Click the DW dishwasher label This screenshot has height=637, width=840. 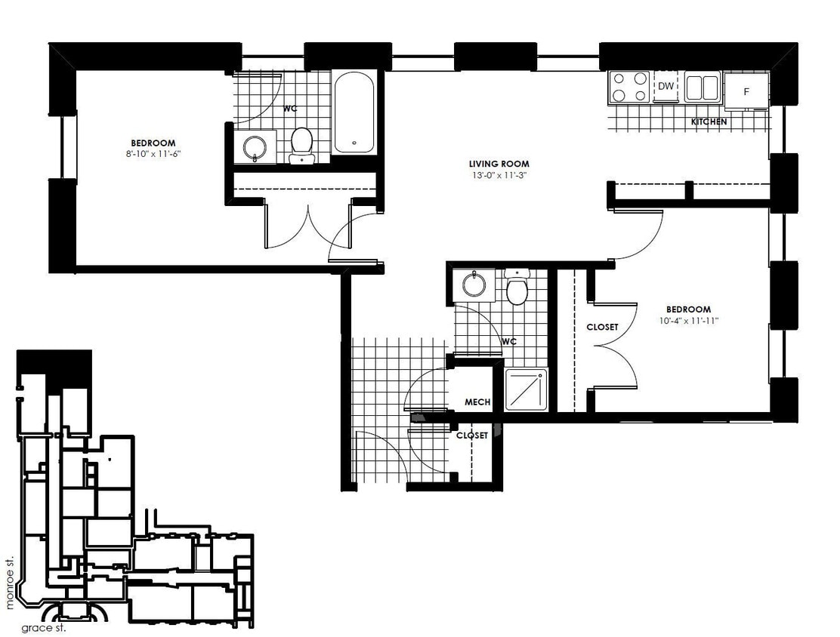point(666,86)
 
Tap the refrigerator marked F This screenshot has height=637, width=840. point(746,91)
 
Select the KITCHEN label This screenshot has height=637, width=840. point(709,122)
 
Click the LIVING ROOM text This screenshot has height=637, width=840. point(499,164)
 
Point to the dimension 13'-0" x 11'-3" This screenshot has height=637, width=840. point(499,175)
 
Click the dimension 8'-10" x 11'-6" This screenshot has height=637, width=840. point(153,153)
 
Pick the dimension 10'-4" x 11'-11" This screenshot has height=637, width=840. point(688,320)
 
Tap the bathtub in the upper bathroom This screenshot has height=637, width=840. point(354,112)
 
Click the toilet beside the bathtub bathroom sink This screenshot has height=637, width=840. point(301,143)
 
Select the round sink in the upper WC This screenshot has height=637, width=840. point(253,146)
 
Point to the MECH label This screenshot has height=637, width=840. point(477,402)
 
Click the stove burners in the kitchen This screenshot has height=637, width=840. point(630,86)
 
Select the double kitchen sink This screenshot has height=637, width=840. point(703,87)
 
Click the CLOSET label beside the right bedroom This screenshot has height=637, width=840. point(602,328)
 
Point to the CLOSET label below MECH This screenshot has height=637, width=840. point(471,435)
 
